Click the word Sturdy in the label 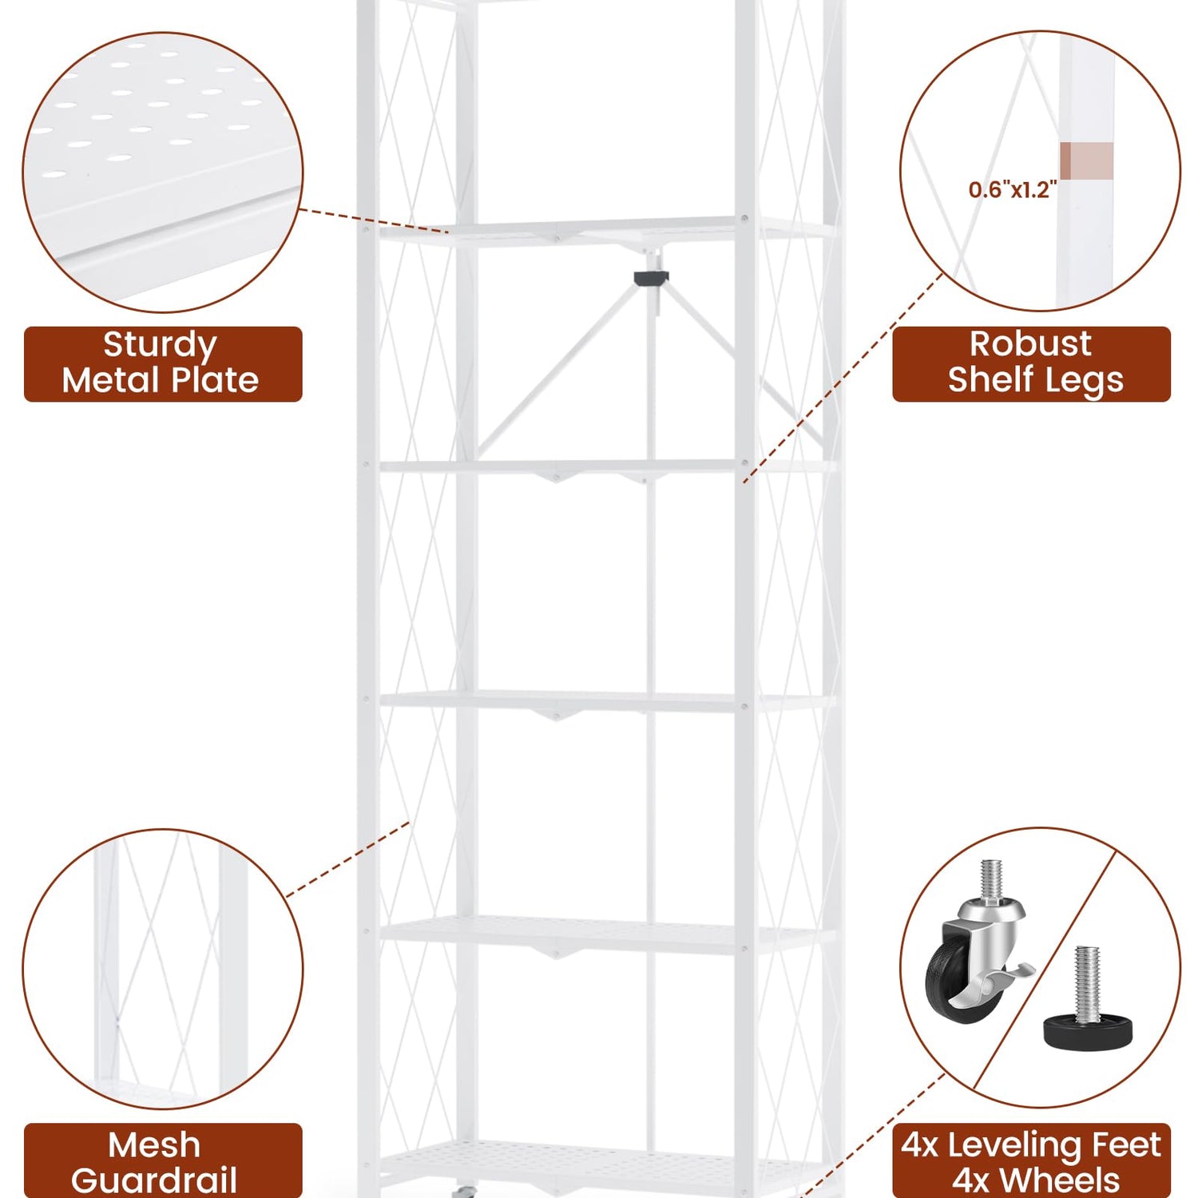point(160,346)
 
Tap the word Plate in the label point(215,380)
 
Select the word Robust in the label point(1030,343)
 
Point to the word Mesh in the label point(154,1145)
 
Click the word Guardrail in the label point(154,1180)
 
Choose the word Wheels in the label point(1060,1180)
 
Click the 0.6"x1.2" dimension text point(1012,189)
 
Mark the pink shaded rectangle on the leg point(1086,161)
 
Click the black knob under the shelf point(651,278)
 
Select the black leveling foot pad point(1088,1033)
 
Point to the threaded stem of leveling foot point(1087,983)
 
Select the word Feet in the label point(1126,1145)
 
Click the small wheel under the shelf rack point(461,1191)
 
